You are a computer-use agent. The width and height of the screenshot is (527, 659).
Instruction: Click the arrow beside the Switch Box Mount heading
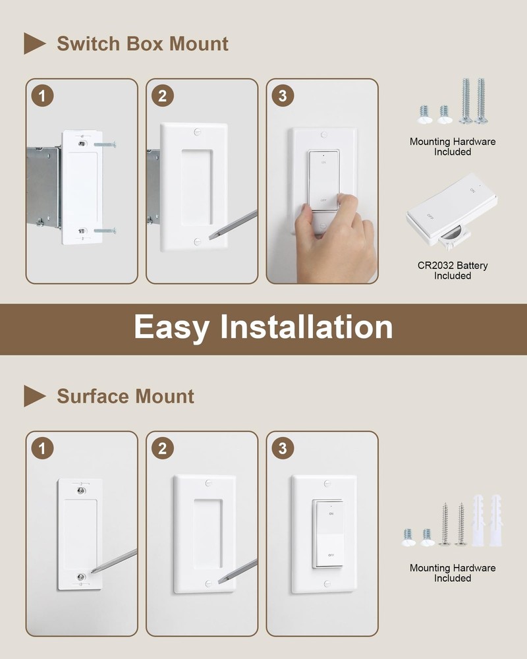[34, 43]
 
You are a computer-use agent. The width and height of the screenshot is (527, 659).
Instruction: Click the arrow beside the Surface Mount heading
[34, 396]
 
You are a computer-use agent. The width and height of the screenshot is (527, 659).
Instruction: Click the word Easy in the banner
[171, 327]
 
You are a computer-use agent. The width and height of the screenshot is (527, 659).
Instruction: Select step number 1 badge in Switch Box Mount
[43, 96]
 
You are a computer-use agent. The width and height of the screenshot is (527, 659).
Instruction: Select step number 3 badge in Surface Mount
[283, 449]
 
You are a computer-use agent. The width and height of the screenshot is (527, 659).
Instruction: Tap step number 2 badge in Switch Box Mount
[163, 96]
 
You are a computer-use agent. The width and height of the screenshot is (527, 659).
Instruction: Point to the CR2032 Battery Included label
[453, 270]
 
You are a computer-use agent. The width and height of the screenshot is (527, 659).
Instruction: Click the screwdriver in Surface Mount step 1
[115, 560]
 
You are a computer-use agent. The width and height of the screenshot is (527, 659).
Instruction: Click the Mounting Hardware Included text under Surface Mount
[453, 573]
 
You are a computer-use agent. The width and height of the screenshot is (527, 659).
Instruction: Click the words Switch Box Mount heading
[142, 44]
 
